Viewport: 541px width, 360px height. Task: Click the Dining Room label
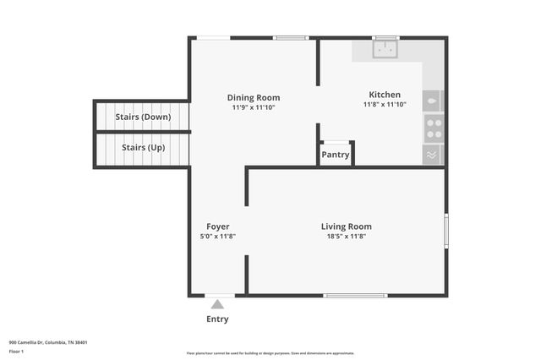coord(254,97)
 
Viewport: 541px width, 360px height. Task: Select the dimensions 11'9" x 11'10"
coord(254,107)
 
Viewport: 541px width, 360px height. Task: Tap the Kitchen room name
coord(385,95)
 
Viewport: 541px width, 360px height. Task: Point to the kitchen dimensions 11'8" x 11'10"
coord(385,105)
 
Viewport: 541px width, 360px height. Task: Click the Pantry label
coord(336,155)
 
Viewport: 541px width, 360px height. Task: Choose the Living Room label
coord(346,226)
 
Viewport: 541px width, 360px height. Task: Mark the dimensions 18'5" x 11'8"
coord(346,237)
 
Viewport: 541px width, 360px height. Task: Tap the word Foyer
coord(218,226)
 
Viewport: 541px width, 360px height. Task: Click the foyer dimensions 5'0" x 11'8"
coord(217,237)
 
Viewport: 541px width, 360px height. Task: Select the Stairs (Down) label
coord(143,117)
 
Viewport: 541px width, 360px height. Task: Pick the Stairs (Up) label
coord(143,148)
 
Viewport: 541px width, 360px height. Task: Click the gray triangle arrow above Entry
coord(217,304)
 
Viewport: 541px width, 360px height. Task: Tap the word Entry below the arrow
coord(217,319)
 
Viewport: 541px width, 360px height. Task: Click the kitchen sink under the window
coord(386,50)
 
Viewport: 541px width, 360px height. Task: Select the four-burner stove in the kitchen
coord(434,128)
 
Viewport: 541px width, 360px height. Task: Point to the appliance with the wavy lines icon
coord(433,155)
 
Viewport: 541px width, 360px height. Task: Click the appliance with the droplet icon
coord(433,101)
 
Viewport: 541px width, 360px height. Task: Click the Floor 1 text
coord(16,351)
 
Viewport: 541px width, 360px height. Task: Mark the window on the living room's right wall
coord(445,230)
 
